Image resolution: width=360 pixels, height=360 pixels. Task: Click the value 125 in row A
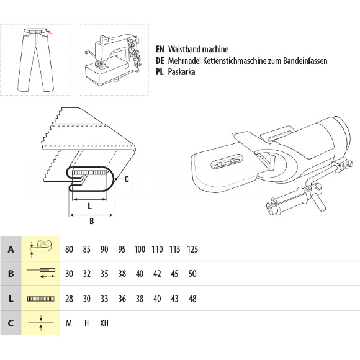click(x=192, y=250)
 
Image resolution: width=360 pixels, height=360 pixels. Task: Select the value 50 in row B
click(x=192, y=274)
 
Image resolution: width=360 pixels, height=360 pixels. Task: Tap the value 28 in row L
click(x=69, y=299)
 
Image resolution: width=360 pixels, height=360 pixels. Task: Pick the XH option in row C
click(x=104, y=323)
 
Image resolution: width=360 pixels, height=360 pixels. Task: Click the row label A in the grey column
click(x=11, y=250)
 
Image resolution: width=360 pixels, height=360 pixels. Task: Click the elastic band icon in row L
click(x=41, y=299)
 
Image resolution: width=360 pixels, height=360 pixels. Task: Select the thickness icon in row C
click(x=41, y=323)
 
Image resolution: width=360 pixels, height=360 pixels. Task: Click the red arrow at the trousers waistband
click(x=50, y=32)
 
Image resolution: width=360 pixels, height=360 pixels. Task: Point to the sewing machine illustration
click(x=113, y=60)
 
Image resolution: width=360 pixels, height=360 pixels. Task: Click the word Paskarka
click(x=181, y=72)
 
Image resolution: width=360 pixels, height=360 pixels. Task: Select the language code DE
click(x=160, y=61)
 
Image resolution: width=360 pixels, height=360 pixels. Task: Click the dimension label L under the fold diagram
click(x=90, y=206)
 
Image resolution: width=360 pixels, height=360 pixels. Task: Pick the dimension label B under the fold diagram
click(x=92, y=221)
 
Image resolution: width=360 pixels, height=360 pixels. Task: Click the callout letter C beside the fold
click(x=127, y=179)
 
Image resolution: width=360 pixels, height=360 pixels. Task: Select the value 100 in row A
click(x=140, y=250)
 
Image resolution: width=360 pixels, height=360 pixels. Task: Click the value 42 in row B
click(x=157, y=274)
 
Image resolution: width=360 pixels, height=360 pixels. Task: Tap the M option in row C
click(x=69, y=323)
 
